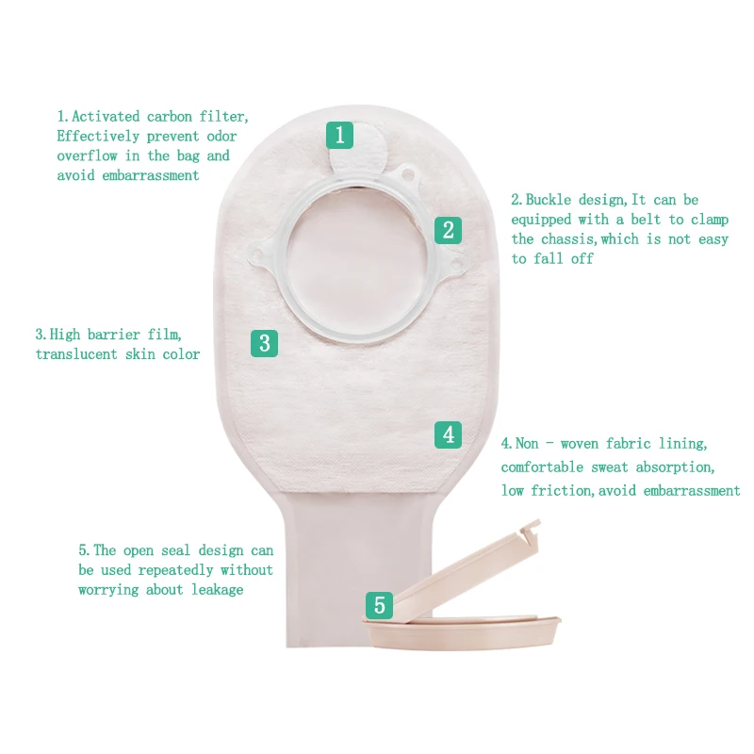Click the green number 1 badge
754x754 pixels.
tap(340, 135)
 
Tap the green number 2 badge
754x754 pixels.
tap(449, 230)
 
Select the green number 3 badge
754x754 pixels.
tap(264, 343)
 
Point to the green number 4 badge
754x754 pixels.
tap(449, 434)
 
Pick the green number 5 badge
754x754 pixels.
tap(379, 605)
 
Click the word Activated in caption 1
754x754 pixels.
tap(107, 117)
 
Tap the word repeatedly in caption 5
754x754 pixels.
tap(178, 570)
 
